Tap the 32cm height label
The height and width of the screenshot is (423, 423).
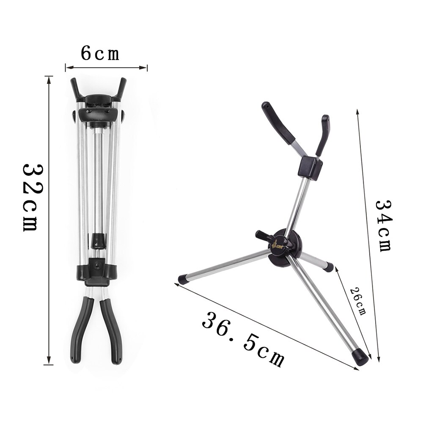click(x=30, y=196)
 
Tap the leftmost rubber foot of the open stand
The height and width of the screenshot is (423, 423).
click(x=184, y=279)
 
